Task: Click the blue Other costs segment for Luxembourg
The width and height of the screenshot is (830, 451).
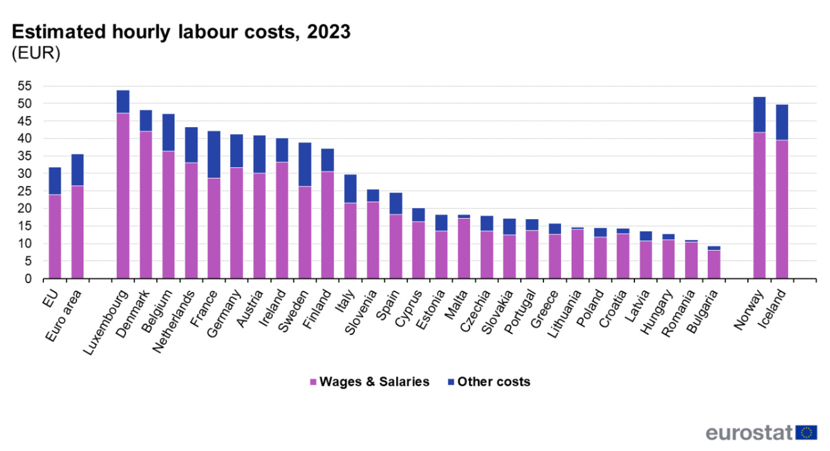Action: (x=123, y=101)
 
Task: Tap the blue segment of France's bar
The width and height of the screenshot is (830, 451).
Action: (x=214, y=154)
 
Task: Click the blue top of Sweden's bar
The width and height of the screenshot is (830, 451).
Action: (x=305, y=164)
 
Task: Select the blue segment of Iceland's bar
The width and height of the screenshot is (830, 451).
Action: (x=782, y=122)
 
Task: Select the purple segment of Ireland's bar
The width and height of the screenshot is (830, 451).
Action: (x=282, y=220)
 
